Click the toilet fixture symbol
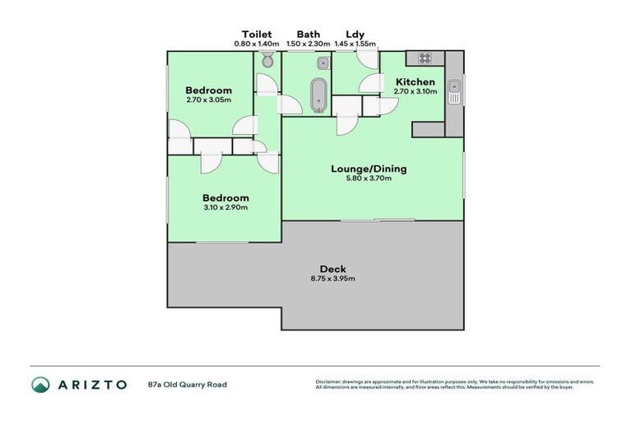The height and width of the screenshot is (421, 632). [267, 61]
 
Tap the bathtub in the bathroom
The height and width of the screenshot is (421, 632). [317, 95]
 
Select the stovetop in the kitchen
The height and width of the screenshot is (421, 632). [425, 58]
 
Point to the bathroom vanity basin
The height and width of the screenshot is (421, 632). [323, 62]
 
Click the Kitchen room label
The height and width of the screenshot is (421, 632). [415, 82]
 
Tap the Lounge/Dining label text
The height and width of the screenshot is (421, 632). [369, 169]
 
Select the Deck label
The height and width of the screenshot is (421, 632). [333, 269]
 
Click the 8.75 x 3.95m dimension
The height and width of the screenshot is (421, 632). [333, 280]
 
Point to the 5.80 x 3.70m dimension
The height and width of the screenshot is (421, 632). [369, 179]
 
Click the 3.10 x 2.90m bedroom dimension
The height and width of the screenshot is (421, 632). [225, 207]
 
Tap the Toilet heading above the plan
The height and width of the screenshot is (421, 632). [253, 34]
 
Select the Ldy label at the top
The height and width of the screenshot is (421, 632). [355, 34]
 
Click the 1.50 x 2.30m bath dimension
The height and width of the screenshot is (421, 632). [309, 44]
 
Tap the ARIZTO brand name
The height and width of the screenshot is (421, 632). [91, 384]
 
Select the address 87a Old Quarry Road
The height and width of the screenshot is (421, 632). [187, 384]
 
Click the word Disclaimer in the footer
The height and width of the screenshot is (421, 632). [329, 382]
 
